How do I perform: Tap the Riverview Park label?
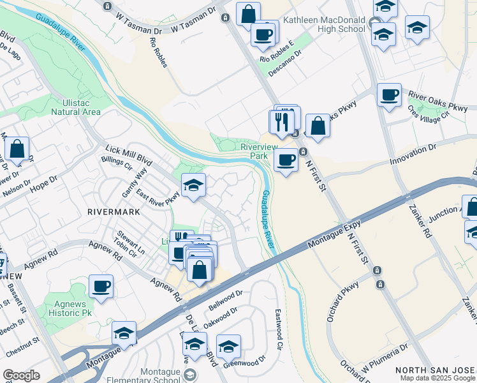pyautogui.click(x=254, y=151)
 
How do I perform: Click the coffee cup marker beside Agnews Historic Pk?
pyautogui.click(x=101, y=287)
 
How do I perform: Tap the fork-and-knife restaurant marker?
pyautogui.click(x=281, y=121)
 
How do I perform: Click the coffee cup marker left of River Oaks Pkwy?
pyautogui.click(x=389, y=96)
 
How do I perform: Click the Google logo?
pyautogui.click(x=21, y=375)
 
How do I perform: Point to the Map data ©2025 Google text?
pyautogui.click(x=437, y=378)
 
